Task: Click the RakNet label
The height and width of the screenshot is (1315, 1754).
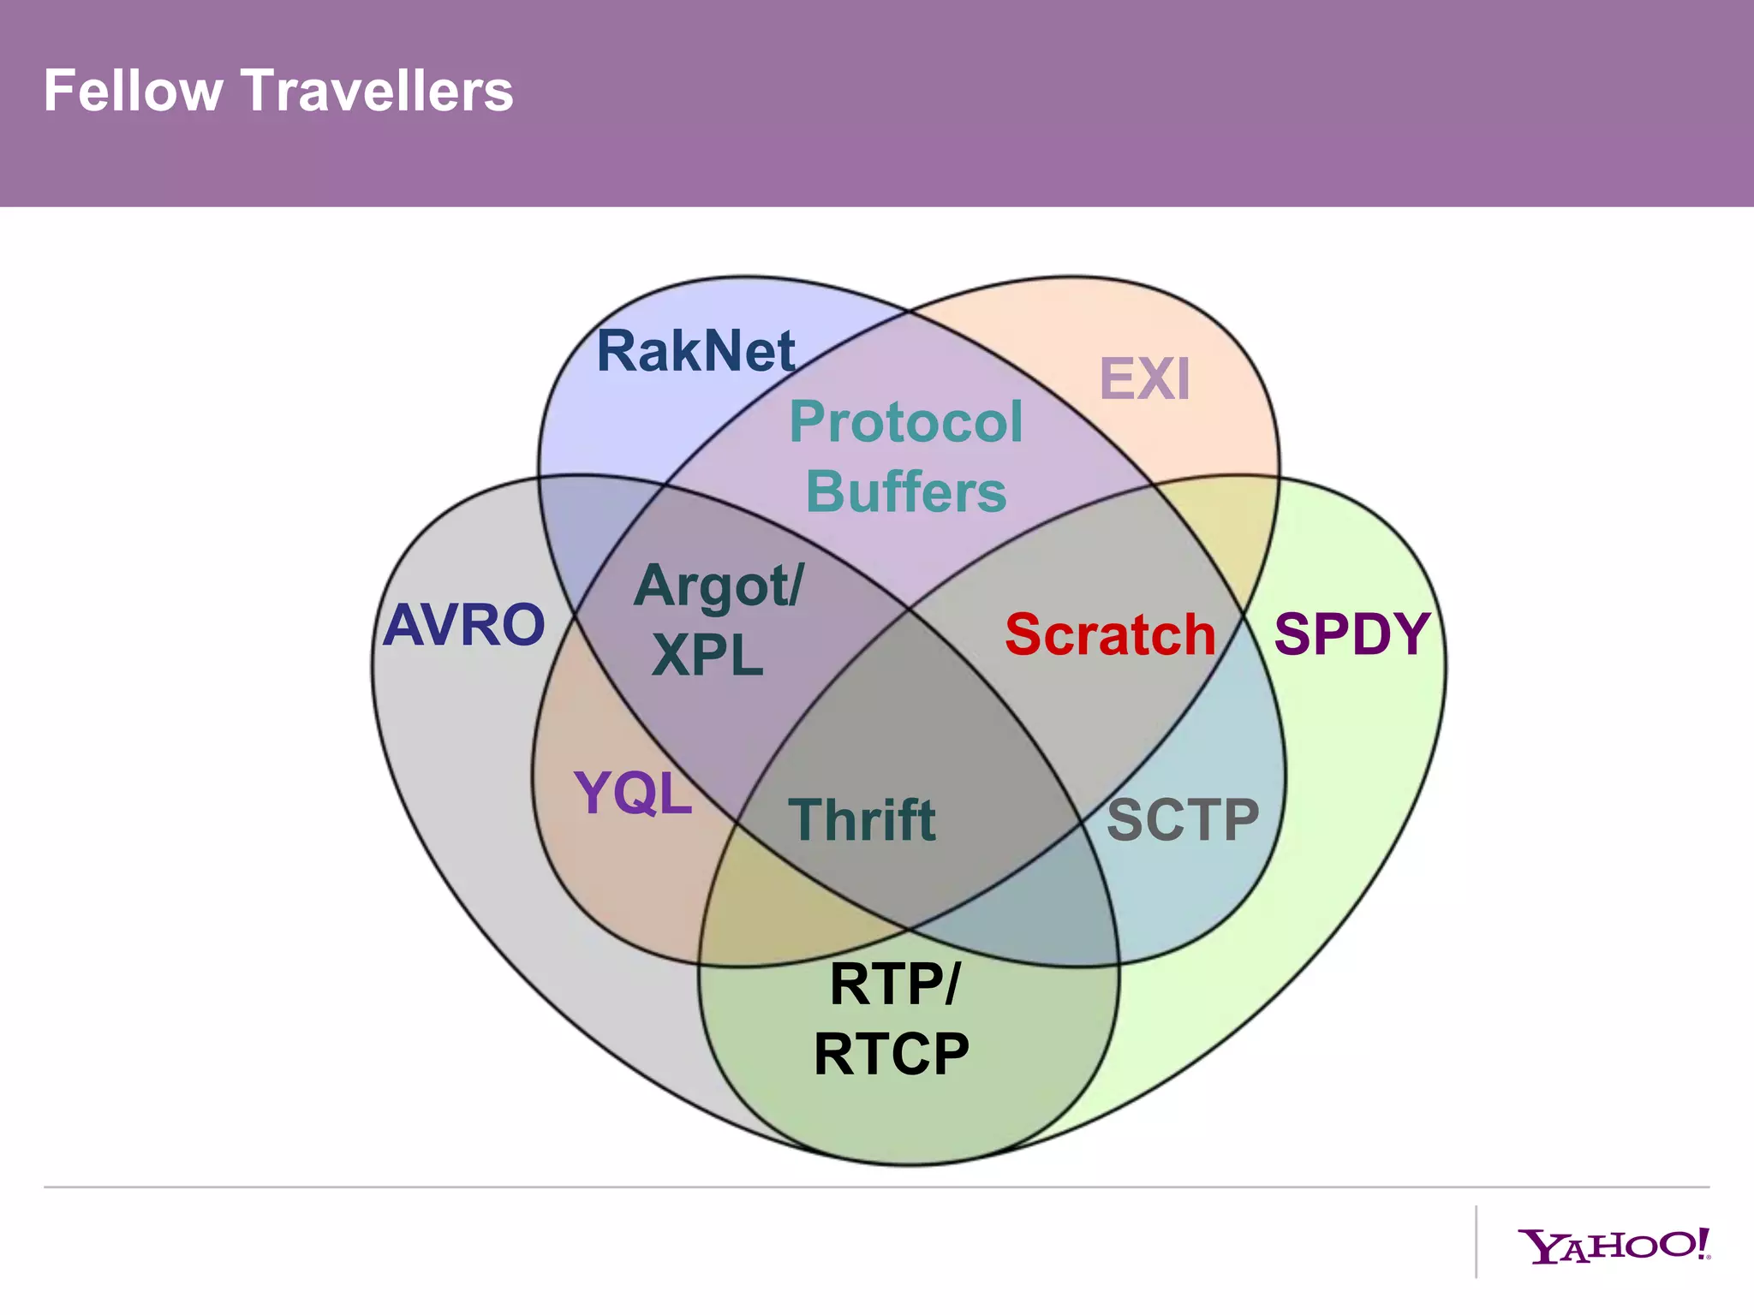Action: click(695, 351)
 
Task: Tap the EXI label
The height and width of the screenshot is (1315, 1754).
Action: click(1144, 379)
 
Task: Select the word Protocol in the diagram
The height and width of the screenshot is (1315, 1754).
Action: click(905, 422)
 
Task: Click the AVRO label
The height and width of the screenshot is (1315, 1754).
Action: click(463, 624)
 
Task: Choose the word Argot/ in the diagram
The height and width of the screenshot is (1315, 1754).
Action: click(719, 587)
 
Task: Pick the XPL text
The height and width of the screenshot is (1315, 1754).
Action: click(707, 656)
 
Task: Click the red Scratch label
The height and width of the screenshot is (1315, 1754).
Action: click(1110, 634)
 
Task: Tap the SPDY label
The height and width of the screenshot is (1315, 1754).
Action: click(1351, 634)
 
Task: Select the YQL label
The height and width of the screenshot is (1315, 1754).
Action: click(633, 794)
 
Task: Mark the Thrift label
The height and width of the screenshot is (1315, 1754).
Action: click(862, 819)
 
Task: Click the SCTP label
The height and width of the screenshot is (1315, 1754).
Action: click(1183, 819)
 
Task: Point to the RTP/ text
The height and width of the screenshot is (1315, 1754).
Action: click(895, 984)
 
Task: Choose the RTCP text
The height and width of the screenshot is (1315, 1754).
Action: click(891, 1054)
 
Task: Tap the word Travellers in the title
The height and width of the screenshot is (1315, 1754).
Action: click(377, 91)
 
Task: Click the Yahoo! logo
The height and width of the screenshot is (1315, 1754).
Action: click(1614, 1246)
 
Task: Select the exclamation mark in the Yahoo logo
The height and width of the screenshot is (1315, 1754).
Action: click(1703, 1242)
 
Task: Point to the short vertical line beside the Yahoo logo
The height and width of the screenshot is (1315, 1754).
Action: click(1477, 1241)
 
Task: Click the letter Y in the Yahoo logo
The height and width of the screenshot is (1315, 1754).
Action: click(1540, 1247)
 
